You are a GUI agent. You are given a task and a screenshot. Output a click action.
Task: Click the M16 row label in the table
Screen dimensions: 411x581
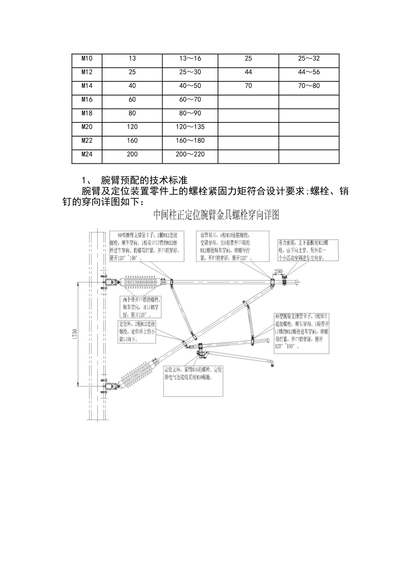tap(87, 99)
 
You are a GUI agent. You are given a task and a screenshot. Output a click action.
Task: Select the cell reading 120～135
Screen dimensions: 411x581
tap(190, 127)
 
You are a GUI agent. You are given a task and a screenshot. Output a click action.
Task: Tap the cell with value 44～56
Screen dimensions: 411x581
tap(309, 72)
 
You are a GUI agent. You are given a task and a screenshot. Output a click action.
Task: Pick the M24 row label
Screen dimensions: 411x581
tap(87, 154)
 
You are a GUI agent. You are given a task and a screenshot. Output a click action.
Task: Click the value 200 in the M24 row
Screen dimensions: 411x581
tap(132, 154)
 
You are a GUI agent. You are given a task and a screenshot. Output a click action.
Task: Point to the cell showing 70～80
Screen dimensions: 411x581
tap(309, 86)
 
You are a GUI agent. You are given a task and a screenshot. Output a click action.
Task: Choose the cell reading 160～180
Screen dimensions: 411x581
tap(190, 140)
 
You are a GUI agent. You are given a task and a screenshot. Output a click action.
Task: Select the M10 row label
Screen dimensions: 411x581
tap(87, 58)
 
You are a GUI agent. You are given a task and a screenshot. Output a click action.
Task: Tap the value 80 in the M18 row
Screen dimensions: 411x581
tap(132, 113)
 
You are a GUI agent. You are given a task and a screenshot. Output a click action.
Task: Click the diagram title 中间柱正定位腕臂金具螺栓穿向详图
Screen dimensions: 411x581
tap(216, 215)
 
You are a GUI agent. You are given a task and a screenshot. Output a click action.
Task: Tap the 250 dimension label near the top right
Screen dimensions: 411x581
tap(278, 272)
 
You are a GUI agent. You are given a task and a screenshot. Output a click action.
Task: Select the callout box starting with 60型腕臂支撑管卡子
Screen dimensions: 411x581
tap(147, 246)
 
